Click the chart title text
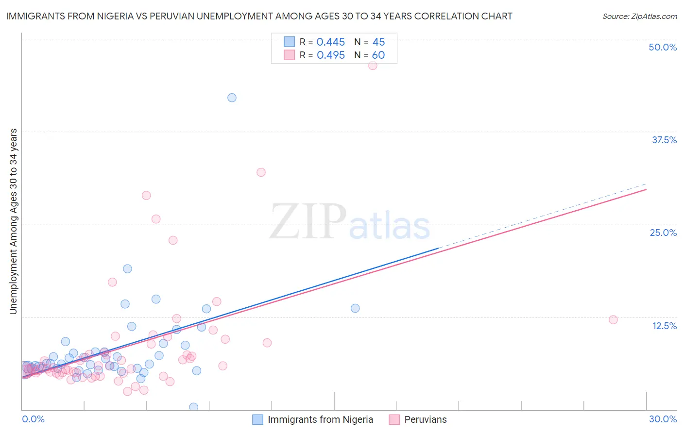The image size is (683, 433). (259, 17)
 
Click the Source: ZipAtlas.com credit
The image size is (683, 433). (639, 17)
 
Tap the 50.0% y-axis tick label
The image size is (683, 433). (663, 47)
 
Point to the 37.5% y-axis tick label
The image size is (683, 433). (664, 140)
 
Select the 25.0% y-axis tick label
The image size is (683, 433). (663, 233)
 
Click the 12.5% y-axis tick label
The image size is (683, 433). (664, 326)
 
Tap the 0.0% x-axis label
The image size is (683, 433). (33, 419)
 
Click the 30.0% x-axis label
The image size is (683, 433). (663, 419)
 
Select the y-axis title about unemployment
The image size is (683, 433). (13, 221)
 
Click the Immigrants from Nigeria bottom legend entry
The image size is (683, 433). (313, 419)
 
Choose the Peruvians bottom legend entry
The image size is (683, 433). (418, 419)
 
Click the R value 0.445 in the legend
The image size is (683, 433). (330, 42)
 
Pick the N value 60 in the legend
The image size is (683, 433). (378, 55)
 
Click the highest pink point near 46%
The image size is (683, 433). (373, 66)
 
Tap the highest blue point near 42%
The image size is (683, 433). (232, 98)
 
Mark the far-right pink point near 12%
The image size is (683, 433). (613, 319)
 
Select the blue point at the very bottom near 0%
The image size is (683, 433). (193, 407)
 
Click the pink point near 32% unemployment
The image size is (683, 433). (261, 172)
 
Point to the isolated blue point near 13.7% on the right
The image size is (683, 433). (355, 308)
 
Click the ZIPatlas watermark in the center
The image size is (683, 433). (350, 222)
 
